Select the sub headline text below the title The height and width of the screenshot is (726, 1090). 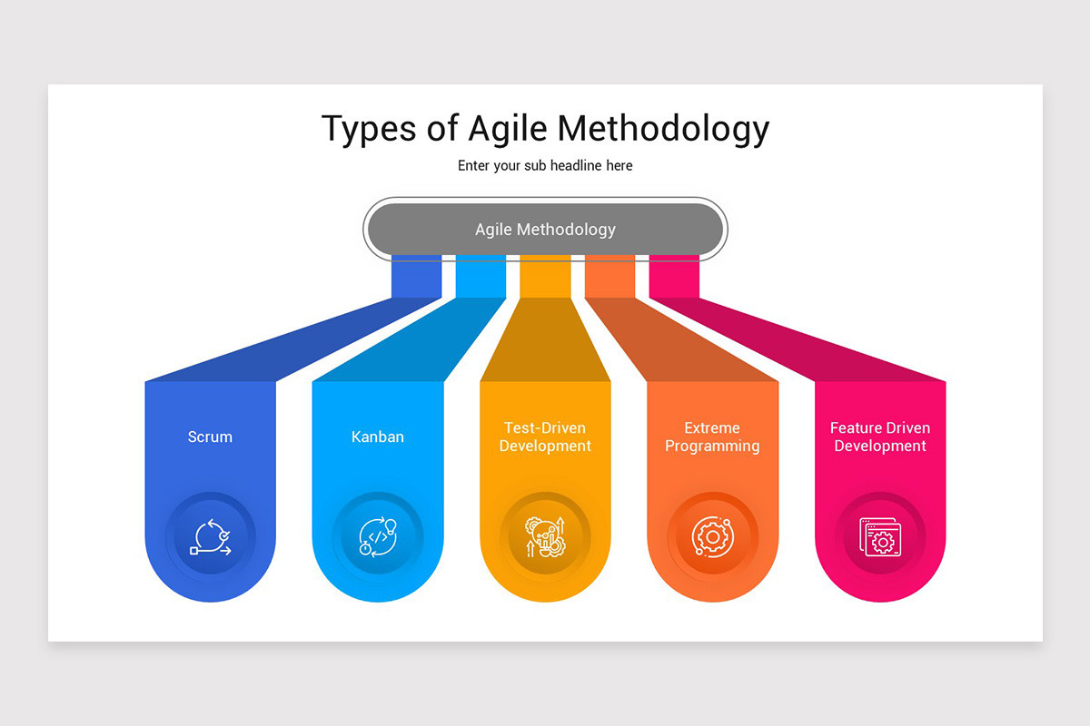545,166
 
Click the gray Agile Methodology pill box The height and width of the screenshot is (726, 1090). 545,230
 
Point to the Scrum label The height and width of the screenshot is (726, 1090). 210,437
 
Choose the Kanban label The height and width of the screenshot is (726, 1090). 378,437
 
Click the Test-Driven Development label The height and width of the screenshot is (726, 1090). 545,437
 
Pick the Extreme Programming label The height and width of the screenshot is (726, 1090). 712,437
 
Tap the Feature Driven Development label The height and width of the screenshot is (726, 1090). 880,437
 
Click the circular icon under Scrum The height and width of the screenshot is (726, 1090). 210,536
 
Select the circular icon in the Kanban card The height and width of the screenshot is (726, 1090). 378,536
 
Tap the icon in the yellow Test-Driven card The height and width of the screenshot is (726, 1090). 545,536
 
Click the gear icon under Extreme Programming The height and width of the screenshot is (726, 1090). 712,536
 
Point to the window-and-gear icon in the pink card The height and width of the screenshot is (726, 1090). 879,536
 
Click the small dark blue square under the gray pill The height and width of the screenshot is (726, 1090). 416,276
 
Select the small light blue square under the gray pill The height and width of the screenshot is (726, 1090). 481,276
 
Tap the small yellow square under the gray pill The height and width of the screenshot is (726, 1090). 545,276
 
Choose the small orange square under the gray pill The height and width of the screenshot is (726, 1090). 609,276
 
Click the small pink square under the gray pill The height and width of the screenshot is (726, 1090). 674,276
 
